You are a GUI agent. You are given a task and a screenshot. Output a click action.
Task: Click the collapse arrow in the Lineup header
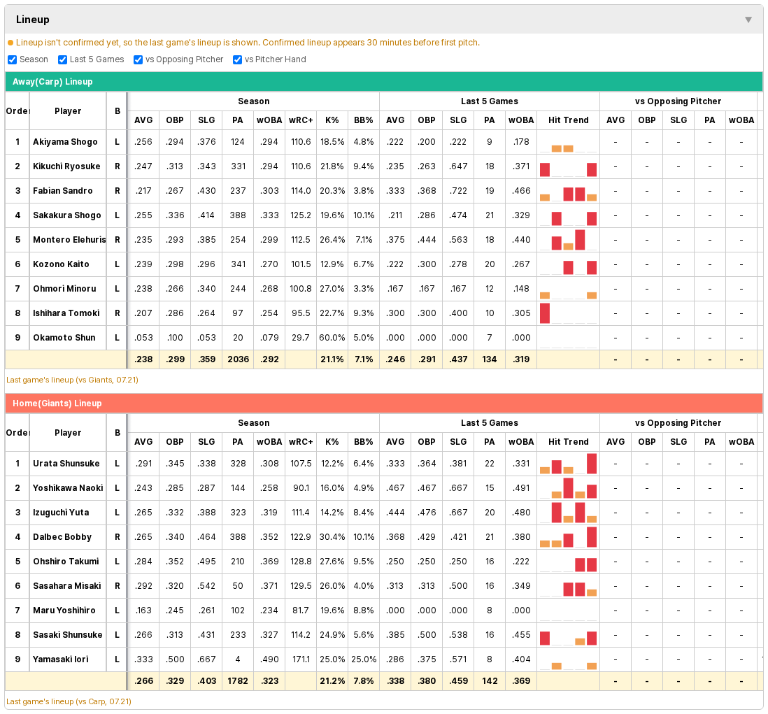(748, 20)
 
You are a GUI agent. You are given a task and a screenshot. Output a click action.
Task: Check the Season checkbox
(13, 59)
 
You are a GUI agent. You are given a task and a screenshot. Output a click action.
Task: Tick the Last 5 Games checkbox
(62, 59)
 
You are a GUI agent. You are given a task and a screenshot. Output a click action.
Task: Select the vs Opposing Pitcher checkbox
(138, 59)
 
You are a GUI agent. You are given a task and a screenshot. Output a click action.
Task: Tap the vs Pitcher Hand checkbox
(237, 59)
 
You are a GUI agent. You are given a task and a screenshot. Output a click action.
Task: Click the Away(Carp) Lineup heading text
(52, 82)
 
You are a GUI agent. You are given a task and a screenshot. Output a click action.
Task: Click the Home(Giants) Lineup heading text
(57, 404)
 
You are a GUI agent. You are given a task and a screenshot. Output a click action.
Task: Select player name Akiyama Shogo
(65, 142)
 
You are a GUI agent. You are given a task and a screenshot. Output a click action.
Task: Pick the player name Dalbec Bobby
(62, 537)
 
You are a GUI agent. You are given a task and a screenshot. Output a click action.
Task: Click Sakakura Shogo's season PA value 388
(238, 215)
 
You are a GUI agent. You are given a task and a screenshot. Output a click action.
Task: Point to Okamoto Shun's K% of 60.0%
(332, 338)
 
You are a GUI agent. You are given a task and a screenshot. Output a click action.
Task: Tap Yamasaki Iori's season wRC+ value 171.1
(301, 659)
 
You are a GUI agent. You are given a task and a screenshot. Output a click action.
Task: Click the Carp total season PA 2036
(238, 359)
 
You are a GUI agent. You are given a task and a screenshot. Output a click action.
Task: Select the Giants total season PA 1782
(238, 681)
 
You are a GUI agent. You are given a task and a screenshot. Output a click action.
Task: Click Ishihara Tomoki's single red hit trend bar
(545, 313)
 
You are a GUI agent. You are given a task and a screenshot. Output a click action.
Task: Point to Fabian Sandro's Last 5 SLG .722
(458, 191)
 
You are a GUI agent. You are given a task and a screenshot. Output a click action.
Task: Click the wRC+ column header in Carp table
(301, 120)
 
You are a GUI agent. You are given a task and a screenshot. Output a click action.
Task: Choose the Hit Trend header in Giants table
(568, 442)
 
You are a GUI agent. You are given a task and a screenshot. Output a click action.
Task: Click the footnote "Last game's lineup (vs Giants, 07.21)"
(73, 380)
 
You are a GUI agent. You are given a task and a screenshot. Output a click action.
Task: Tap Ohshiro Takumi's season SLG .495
(206, 562)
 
